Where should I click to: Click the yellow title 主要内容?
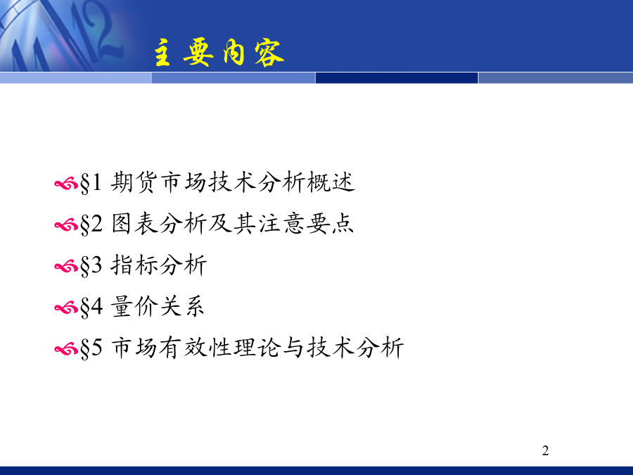[219, 53]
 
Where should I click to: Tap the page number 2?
[545, 450]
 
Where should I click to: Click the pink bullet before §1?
[66, 184]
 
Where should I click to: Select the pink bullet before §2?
[66, 225]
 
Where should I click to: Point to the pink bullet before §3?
[66, 267]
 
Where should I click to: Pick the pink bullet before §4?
[66, 308]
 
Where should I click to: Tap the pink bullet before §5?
[66, 349]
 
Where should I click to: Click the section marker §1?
[91, 183]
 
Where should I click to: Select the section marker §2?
[91, 224]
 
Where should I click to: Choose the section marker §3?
[91, 266]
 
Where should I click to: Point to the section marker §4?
[91, 307]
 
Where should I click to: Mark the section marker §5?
[91, 348]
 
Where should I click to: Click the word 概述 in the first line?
[331, 182]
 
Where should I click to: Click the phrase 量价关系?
[158, 306]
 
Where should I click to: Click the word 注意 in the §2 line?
[282, 223]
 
